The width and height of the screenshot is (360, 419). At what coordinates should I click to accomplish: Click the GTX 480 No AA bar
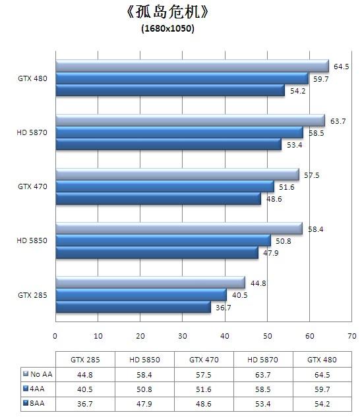(x=191, y=67)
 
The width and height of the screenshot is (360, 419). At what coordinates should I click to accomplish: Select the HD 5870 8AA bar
(x=168, y=145)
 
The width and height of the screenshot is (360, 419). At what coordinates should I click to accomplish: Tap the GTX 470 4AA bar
(x=164, y=187)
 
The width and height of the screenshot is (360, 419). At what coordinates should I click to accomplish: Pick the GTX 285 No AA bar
(x=150, y=283)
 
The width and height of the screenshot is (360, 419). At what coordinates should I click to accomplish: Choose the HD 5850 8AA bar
(x=156, y=253)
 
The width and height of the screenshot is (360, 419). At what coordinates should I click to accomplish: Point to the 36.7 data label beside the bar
(x=224, y=308)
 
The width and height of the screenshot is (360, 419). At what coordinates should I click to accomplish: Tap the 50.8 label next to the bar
(x=284, y=241)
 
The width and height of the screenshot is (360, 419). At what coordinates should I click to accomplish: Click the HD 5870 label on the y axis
(x=31, y=133)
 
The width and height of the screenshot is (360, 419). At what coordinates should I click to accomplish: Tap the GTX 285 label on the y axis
(x=31, y=295)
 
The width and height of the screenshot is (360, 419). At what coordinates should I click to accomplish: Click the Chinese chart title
(x=167, y=13)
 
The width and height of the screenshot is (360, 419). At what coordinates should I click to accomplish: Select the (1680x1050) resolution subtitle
(x=167, y=28)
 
